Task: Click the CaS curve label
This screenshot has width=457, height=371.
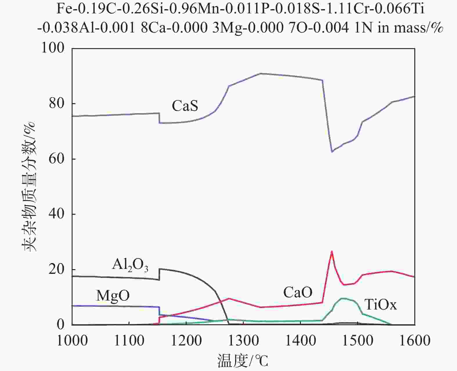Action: pos(185,106)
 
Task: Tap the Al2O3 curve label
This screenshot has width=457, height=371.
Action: pos(130,265)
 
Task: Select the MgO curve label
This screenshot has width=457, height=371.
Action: pos(113,296)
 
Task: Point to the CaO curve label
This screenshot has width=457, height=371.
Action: pos(298,292)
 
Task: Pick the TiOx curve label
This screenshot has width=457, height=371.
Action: pos(380,305)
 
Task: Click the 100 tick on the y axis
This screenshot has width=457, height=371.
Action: pos(53,48)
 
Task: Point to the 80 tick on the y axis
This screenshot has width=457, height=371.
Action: pos(57,103)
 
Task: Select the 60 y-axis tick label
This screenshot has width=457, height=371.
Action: pos(57,159)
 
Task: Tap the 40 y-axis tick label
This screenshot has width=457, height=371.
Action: pos(57,214)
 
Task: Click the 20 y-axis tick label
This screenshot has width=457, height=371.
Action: pos(57,269)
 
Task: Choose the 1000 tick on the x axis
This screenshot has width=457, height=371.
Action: pos(72,340)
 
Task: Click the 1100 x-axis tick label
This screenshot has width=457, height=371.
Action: pos(129,340)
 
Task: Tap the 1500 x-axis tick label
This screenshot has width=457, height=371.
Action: pos(358,340)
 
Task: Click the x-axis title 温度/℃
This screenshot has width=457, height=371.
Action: pos(243,361)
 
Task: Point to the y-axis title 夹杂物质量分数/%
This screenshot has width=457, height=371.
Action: pos(29,186)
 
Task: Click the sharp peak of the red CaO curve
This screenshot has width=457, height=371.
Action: pos(332,251)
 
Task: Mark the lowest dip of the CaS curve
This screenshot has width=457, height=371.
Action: pos(332,151)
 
